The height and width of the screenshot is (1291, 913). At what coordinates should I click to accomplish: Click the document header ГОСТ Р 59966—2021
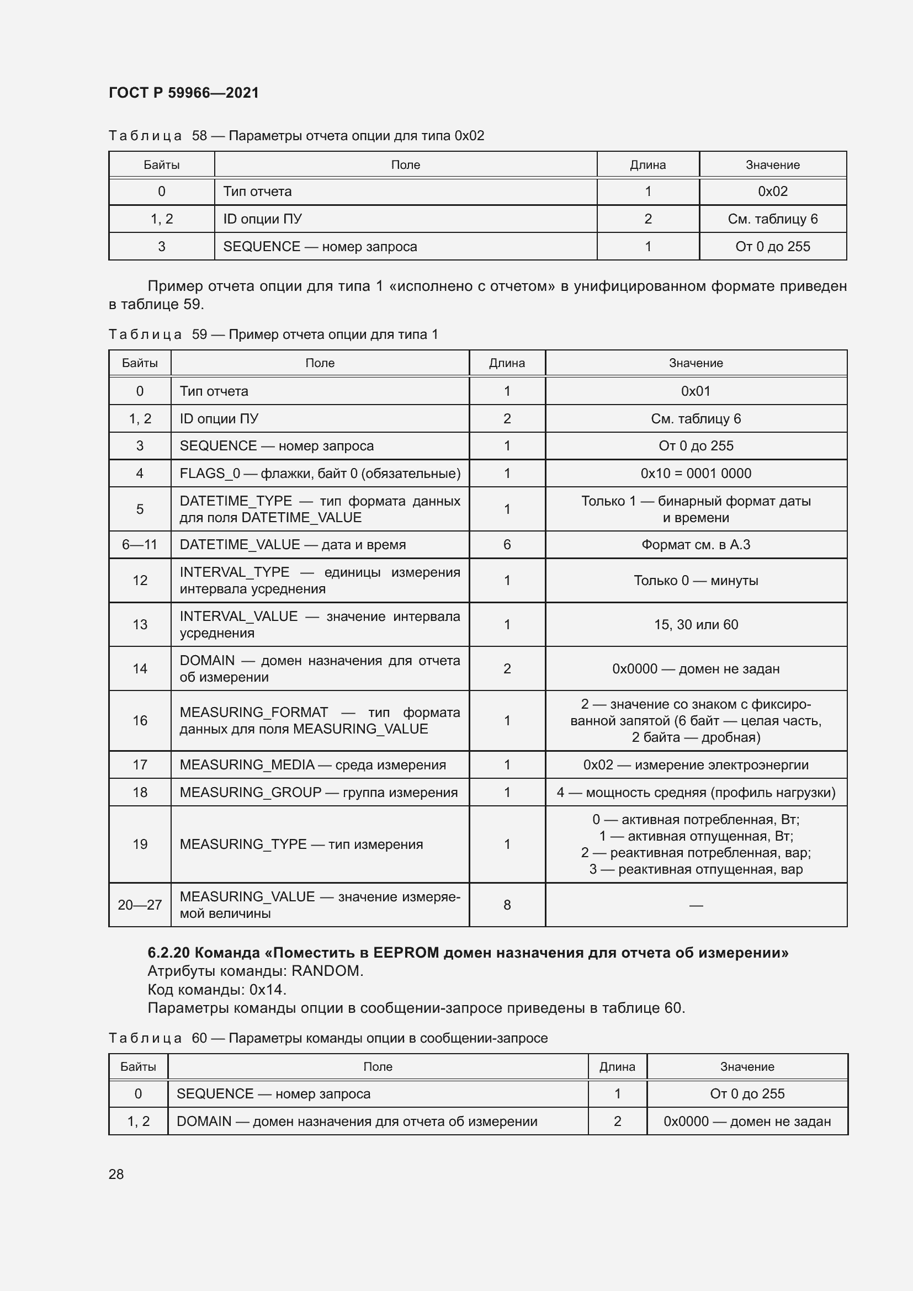183,93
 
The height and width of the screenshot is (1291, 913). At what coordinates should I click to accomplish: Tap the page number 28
116,1174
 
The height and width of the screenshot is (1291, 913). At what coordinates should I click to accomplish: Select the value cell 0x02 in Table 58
772,191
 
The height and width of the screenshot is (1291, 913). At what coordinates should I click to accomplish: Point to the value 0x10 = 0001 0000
696,474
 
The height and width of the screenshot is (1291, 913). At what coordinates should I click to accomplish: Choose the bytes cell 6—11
140,544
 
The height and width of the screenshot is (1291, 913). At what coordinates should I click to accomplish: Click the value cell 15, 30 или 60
696,624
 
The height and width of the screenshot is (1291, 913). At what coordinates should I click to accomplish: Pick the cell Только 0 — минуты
696,580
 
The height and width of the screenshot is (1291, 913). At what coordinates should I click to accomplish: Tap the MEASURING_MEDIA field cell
312,764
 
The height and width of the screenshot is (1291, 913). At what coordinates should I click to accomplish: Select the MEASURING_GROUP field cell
318,792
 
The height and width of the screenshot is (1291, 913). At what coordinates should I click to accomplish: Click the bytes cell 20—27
140,905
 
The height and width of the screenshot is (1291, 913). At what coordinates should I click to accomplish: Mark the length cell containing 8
507,905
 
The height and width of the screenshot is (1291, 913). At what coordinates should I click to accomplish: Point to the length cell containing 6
507,544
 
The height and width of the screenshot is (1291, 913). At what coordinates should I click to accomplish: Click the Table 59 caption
273,334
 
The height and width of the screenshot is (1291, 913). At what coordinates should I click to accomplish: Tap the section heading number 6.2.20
168,953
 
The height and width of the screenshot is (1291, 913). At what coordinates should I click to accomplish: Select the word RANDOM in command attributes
326,971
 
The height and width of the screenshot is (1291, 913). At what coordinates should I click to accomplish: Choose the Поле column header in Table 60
377,1067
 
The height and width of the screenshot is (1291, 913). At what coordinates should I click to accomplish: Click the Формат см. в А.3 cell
696,544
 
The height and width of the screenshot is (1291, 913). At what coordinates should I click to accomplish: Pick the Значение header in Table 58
772,164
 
